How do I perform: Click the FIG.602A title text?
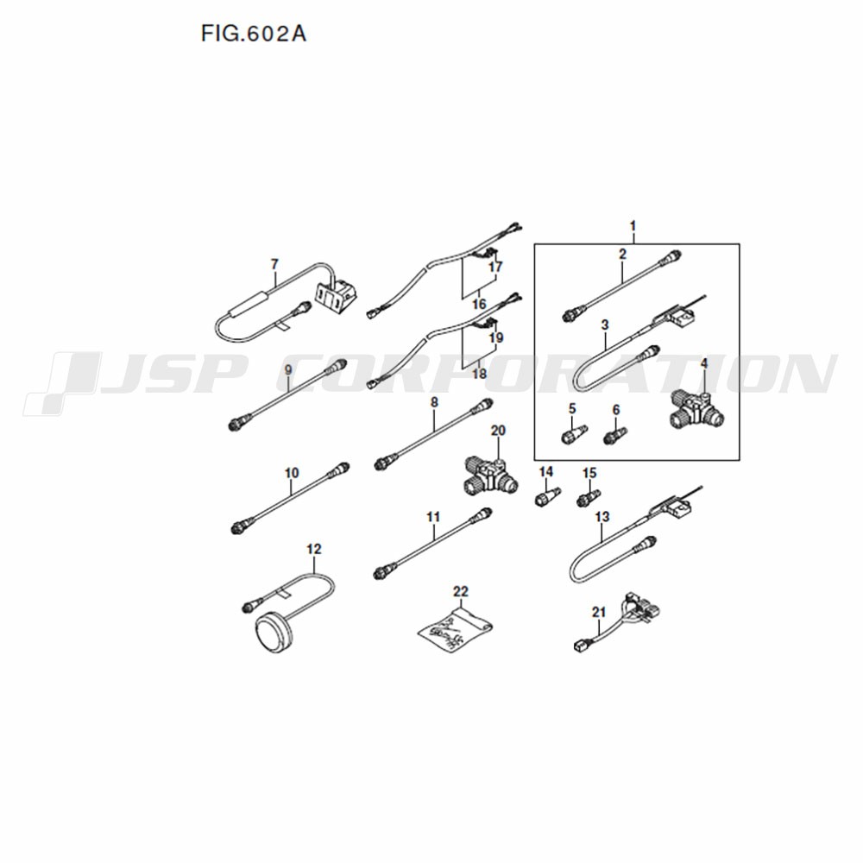click(254, 35)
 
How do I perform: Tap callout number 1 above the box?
click(633, 225)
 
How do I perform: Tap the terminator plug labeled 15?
click(588, 497)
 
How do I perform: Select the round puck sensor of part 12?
click(276, 632)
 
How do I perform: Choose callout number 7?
click(274, 264)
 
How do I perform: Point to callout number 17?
click(495, 267)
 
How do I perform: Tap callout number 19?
click(496, 337)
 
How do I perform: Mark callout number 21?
click(599, 612)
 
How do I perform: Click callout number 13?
click(602, 517)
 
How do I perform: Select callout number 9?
click(288, 370)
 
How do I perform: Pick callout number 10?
click(292, 473)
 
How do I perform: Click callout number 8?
click(434, 402)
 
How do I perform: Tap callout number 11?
click(433, 517)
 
